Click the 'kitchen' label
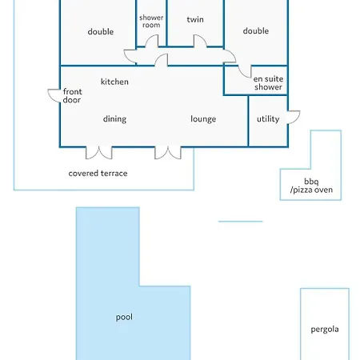pos(114,82)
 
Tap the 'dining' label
pos(114,119)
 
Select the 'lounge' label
pos(203,119)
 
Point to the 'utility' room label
pos(268,119)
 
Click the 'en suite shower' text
pos(268,83)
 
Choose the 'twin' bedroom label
pos(195,19)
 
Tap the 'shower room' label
pos(151,22)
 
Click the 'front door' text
pos(72,96)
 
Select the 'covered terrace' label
pos(98,174)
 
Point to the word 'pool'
pos(124,317)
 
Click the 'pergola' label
pos(325,330)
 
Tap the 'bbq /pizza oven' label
pos(311,186)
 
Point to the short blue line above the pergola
pos(241,222)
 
